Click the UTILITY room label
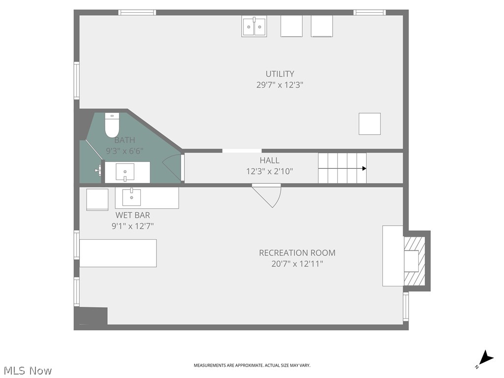[280, 74]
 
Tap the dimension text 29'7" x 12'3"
[280, 85]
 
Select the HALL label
[269, 160]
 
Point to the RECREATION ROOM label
[297, 253]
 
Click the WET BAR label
[132, 215]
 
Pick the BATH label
[125, 140]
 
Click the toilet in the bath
[112, 126]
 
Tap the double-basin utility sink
[254, 26]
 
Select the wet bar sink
[131, 197]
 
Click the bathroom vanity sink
[126, 172]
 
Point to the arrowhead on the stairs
[364, 168]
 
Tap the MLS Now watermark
[27, 370]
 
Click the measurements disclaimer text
[252, 365]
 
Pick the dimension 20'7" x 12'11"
[297, 264]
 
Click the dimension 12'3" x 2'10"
[269, 171]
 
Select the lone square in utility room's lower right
[370, 124]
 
